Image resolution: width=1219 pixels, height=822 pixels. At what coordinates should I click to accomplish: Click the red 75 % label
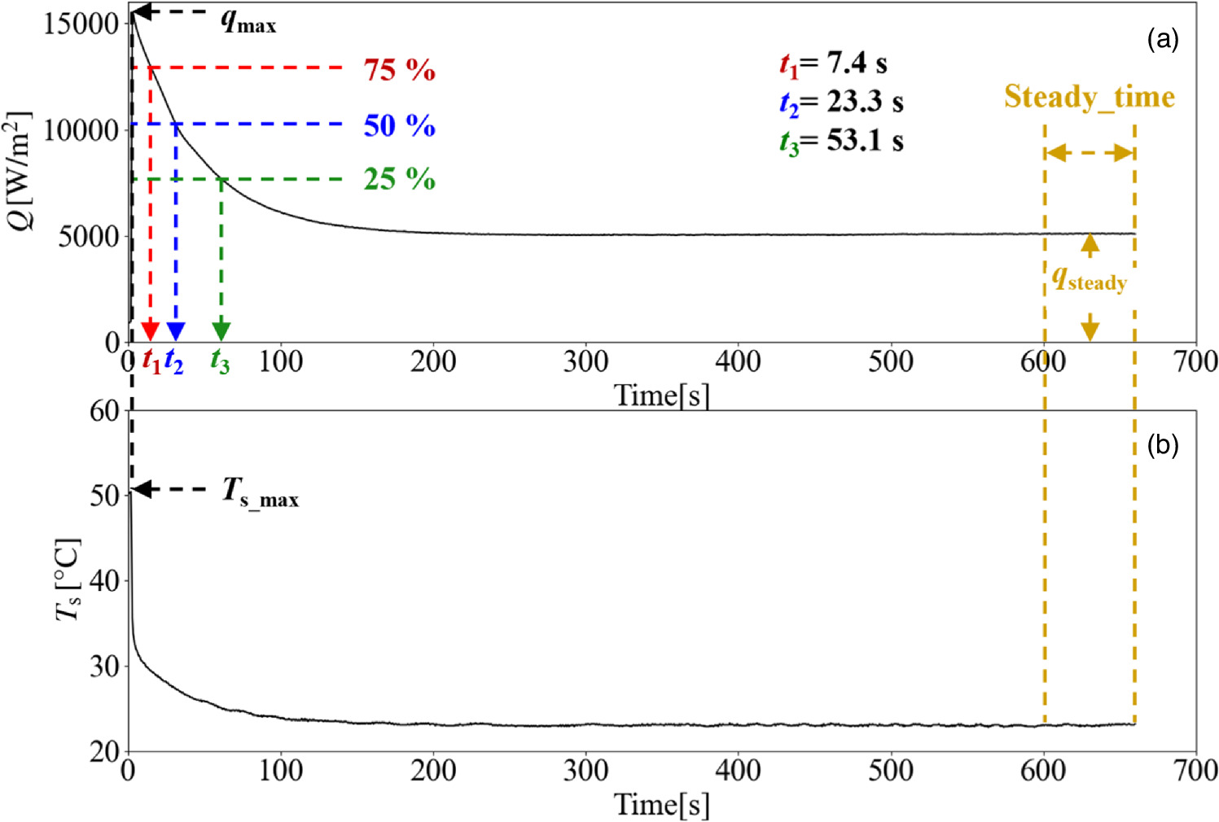coord(399,70)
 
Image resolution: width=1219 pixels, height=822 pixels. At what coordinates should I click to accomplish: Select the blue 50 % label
coord(399,125)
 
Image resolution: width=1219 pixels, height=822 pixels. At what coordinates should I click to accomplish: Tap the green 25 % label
coord(399,179)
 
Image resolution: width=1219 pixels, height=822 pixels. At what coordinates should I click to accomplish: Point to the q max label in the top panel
coord(248,21)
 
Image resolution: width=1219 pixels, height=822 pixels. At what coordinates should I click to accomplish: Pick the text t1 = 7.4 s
coord(833,63)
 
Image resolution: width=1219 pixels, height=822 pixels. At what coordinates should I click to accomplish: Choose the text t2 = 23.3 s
coord(841,103)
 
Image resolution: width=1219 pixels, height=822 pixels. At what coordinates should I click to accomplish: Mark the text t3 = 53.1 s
coord(841,142)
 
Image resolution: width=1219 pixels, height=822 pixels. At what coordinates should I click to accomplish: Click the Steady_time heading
coord(1089,97)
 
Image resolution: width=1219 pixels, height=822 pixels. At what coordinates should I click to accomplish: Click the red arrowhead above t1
coord(150,330)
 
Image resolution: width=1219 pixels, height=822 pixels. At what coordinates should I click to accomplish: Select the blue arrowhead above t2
coord(176,330)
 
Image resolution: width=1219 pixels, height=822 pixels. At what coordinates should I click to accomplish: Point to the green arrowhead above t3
coord(221,330)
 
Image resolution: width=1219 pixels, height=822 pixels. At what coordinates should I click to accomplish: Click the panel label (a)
coord(1162,39)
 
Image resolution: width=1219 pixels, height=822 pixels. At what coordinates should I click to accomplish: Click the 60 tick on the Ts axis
coord(105,411)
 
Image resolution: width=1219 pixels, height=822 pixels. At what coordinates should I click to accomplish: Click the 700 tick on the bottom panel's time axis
coord(1195,770)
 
